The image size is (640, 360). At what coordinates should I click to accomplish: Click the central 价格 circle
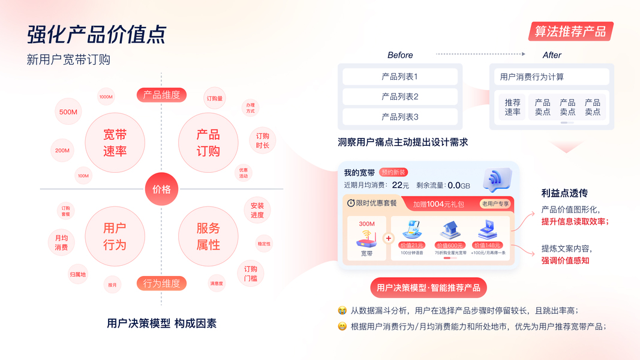pos(161,190)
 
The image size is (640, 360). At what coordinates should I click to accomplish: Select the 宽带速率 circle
pos(115,143)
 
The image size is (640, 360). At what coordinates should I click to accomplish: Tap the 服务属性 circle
pos(208,236)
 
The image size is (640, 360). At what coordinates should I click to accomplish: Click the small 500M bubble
pos(68,112)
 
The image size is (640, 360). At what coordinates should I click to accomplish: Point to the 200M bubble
pos(62,150)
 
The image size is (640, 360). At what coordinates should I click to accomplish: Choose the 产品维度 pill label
pos(161,95)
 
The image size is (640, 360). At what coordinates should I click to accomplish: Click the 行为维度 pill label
pos(161,283)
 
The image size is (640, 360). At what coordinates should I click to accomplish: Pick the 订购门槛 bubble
pos(251,274)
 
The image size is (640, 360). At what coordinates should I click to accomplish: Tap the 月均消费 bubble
pos(61,242)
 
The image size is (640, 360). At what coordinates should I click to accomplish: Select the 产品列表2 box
pos(400,97)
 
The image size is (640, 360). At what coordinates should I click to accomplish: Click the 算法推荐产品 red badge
pos(570,32)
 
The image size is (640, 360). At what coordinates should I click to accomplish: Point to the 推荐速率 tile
pos(512,107)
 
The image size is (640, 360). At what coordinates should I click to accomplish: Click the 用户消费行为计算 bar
pos(549,77)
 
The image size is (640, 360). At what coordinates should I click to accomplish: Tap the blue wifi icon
pos(497,179)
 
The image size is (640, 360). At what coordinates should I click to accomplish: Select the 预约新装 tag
pos(394,172)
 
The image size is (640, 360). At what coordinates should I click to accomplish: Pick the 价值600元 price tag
pos(450,245)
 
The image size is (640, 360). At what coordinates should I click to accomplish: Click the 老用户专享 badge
pos(495,203)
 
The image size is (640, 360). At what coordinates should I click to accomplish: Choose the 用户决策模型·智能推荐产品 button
pos(428,288)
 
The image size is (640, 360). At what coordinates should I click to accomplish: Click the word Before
pos(400,55)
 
